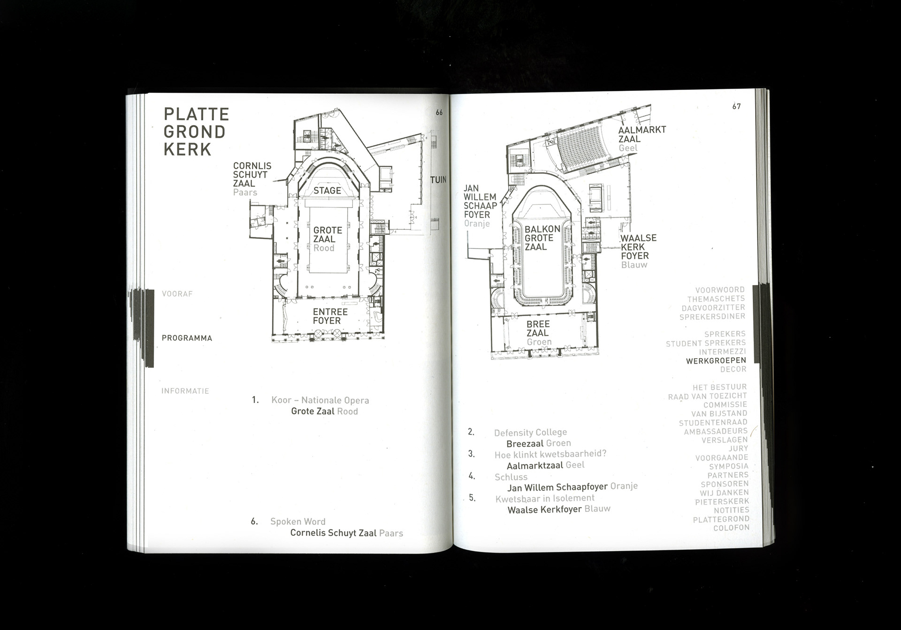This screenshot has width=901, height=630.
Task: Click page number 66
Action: coord(439,112)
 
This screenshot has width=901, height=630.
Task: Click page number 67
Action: coord(736,106)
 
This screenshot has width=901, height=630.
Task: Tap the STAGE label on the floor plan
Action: coord(327,190)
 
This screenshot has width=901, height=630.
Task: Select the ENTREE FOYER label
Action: coord(330,316)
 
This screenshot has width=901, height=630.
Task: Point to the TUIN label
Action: coord(438,180)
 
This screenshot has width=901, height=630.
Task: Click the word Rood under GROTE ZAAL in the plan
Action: coord(324,248)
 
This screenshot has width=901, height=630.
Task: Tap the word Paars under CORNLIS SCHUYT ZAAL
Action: coord(245,192)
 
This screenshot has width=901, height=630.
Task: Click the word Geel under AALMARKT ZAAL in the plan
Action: coord(628,148)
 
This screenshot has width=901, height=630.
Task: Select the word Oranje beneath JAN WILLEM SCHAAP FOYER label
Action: coord(477,224)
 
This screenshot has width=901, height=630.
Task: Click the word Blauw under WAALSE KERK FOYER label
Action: coord(634,265)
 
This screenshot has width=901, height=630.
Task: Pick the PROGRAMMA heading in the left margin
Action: coord(187,338)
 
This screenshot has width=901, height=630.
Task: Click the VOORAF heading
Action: coord(177,294)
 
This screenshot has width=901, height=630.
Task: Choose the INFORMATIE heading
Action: coord(185,391)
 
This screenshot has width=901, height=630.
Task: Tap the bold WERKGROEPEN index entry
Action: coord(716,360)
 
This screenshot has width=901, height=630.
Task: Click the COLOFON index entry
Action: coord(731,528)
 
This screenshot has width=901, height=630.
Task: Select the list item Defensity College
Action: coord(530,432)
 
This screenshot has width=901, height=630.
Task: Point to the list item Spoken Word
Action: coord(298,521)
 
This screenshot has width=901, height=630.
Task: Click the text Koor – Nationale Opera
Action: coord(320,400)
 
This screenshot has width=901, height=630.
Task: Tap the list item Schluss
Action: coord(511,477)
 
